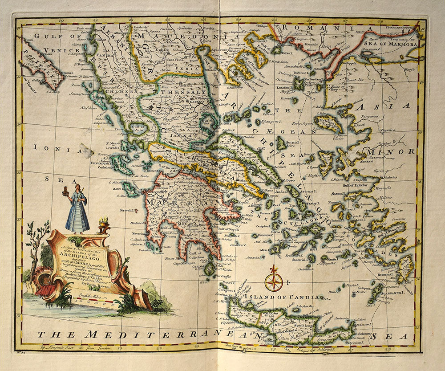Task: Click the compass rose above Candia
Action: click(273, 281)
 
